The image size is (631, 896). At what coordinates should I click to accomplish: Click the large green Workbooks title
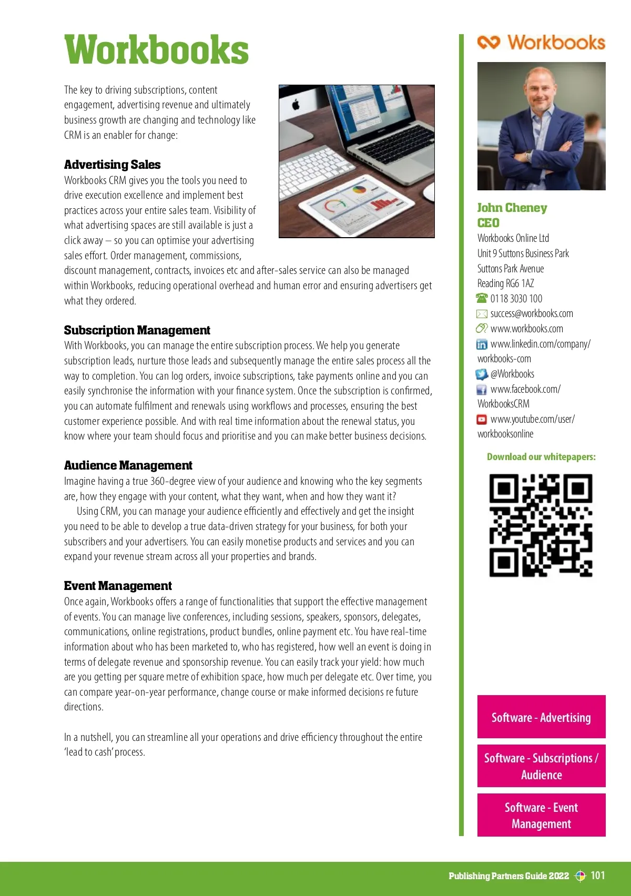(x=156, y=50)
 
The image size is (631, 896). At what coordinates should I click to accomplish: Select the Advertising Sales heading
(x=112, y=165)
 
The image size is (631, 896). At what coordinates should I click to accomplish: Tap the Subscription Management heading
(x=137, y=330)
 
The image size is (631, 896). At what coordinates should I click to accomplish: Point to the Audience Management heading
(x=128, y=465)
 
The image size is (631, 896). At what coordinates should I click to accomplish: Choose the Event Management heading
(x=118, y=586)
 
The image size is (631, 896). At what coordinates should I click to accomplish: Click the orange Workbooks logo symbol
(x=488, y=42)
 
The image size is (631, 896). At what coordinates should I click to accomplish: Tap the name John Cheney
(x=512, y=208)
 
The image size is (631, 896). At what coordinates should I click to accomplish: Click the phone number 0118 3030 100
(x=516, y=299)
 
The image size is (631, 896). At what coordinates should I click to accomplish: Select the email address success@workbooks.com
(x=531, y=314)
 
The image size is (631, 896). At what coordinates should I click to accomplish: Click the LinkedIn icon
(x=482, y=344)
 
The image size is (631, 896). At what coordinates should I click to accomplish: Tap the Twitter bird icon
(x=482, y=374)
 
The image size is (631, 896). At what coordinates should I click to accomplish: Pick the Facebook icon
(x=482, y=390)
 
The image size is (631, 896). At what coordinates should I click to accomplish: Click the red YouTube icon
(x=482, y=420)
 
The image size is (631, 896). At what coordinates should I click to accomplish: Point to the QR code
(x=541, y=525)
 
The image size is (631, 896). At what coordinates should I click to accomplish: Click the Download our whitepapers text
(x=541, y=456)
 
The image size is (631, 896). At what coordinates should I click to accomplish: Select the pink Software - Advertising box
(x=541, y=717)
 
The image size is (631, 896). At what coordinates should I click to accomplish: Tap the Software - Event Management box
(x=541, y=815)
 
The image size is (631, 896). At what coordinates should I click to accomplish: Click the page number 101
(x=598, y=875)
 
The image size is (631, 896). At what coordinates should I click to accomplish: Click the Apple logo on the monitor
(x=296, y=104)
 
